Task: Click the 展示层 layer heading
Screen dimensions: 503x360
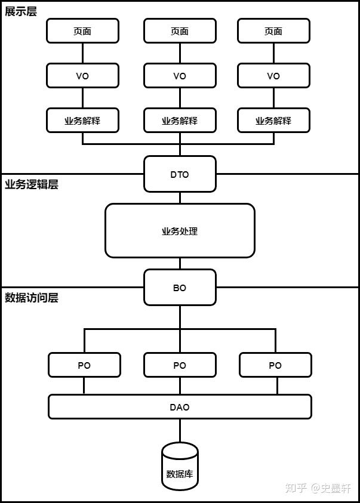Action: pos(21,11)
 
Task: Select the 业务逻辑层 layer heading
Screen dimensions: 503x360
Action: pos(32,184)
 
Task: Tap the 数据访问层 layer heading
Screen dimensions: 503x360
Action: pos(32,298)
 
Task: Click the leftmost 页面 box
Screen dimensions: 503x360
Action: pos(82,31)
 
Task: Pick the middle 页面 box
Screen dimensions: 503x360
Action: pos(180,31)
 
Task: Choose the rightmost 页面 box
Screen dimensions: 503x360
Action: pos(273,31)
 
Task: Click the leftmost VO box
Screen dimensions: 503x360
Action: pos(82,76)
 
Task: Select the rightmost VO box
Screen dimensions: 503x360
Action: pos(273,76)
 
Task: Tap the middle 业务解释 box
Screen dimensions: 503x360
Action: pos(180,121)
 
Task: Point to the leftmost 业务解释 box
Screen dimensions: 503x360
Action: pos(82,121)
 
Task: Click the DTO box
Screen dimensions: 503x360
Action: pos(180,174)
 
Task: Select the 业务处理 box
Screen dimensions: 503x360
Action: pos(180,231)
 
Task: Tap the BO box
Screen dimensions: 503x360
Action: pos(180,288)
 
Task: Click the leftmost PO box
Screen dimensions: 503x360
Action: pos(84,365)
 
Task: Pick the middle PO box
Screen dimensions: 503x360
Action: pos(180,365)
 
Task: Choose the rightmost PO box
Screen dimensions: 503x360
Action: pos(275,365)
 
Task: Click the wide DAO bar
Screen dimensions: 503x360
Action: pos(180,407)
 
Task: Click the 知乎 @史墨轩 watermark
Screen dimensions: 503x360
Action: pos(318,488)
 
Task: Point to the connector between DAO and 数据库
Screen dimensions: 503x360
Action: pos(180,430)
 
